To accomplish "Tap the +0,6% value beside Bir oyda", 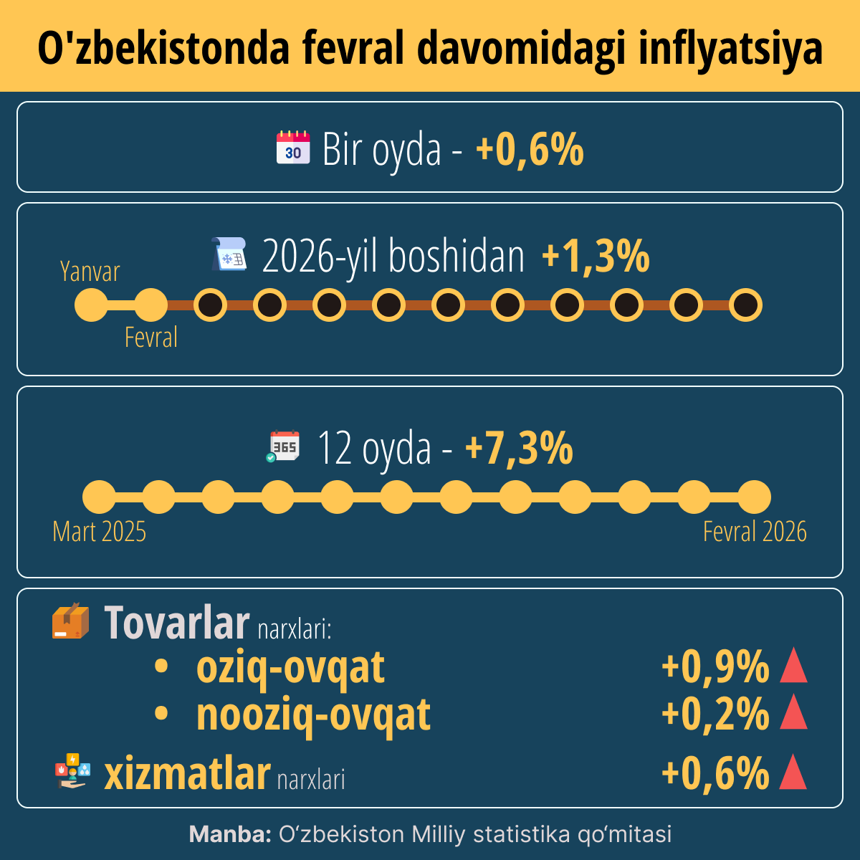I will point(530,150).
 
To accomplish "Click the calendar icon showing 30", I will point(293,148).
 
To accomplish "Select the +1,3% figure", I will point(596,257).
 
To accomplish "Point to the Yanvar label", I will point(90,272).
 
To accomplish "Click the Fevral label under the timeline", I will point(150,337).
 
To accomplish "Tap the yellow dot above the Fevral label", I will point(150,305).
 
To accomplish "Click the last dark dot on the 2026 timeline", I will point(745,305).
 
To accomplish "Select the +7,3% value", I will point(519,449).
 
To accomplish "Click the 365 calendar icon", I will point(284,446).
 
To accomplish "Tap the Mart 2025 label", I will point(99,532).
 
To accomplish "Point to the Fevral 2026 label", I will point(755,532).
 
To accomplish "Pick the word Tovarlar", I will point(177,622).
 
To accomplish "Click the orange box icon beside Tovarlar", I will point(70,621).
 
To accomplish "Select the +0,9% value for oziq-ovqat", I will point(715,666).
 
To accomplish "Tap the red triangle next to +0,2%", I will point(793,713).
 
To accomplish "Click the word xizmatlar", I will point(187,774).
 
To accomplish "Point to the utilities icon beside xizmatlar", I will point(72,771).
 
